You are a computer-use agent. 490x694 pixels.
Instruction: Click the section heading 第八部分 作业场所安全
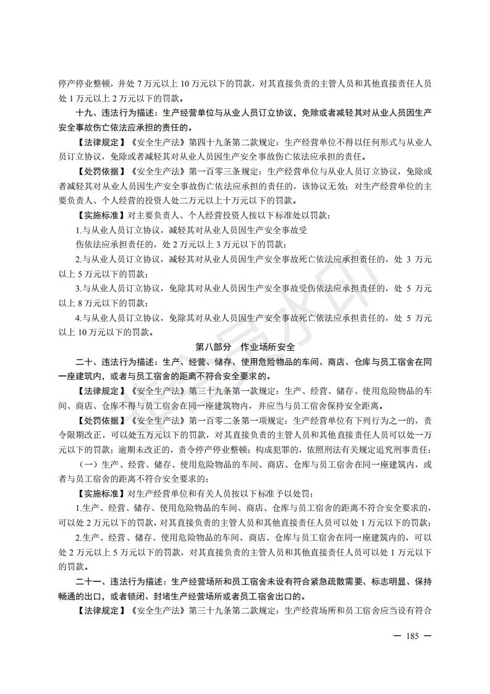click(x=245, y=347)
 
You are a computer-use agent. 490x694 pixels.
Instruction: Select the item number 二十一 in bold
click(x=87, y=582)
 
